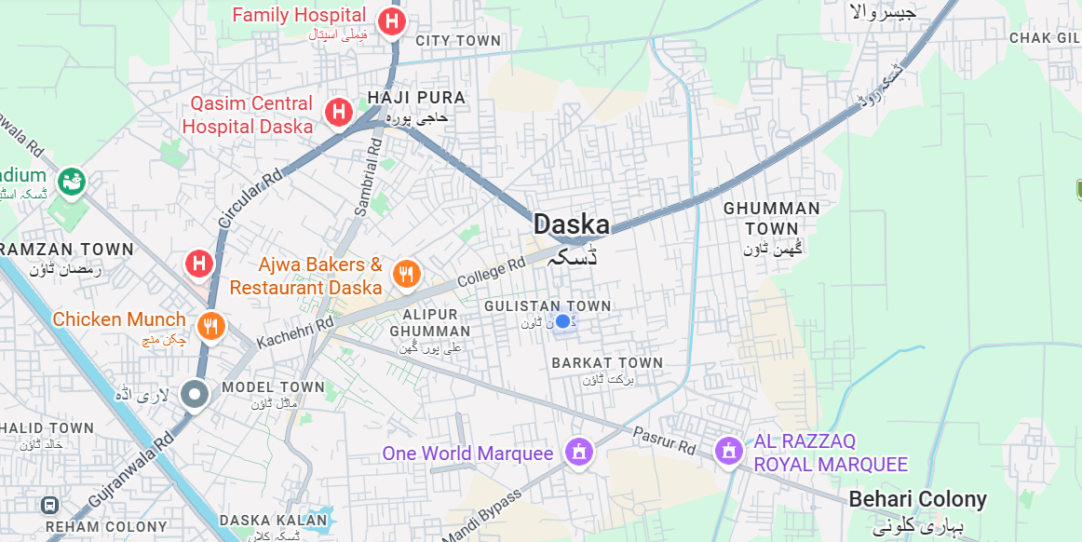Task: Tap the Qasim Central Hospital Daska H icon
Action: [338, 113]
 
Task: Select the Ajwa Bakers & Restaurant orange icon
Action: [405, 274]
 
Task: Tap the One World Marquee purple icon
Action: [578, 454]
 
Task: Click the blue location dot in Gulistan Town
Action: [562, 321]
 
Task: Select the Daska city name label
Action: [571, 224]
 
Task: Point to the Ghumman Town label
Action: [772, 218]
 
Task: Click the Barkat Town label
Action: [607, 362]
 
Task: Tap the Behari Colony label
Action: [917, 499]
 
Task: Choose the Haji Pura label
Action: [416, 97]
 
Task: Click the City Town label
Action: [458, 41]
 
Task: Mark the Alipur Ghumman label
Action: [430, 322]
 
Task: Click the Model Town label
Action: [273, 386]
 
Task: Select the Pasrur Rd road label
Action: [664, 440]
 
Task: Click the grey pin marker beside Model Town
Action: [196, 395]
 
